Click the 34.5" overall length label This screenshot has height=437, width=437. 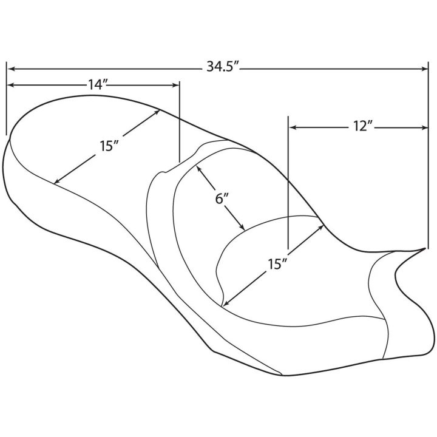222,67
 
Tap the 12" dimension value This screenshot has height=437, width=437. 361,126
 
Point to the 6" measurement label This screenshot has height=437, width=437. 222,198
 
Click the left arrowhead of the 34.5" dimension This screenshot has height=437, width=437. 10,69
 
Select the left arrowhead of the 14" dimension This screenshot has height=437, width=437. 10,85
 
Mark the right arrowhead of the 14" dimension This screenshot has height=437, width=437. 176,85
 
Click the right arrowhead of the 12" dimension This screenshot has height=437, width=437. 424,127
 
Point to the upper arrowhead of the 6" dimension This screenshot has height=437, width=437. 198,169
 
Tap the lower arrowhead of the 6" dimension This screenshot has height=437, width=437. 242,228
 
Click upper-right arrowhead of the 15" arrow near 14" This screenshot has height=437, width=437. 157,112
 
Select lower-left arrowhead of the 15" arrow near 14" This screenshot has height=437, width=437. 57,181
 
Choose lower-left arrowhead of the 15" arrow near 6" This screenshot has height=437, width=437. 227,303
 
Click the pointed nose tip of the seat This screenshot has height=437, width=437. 425,248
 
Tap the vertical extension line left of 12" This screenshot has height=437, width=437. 288,182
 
